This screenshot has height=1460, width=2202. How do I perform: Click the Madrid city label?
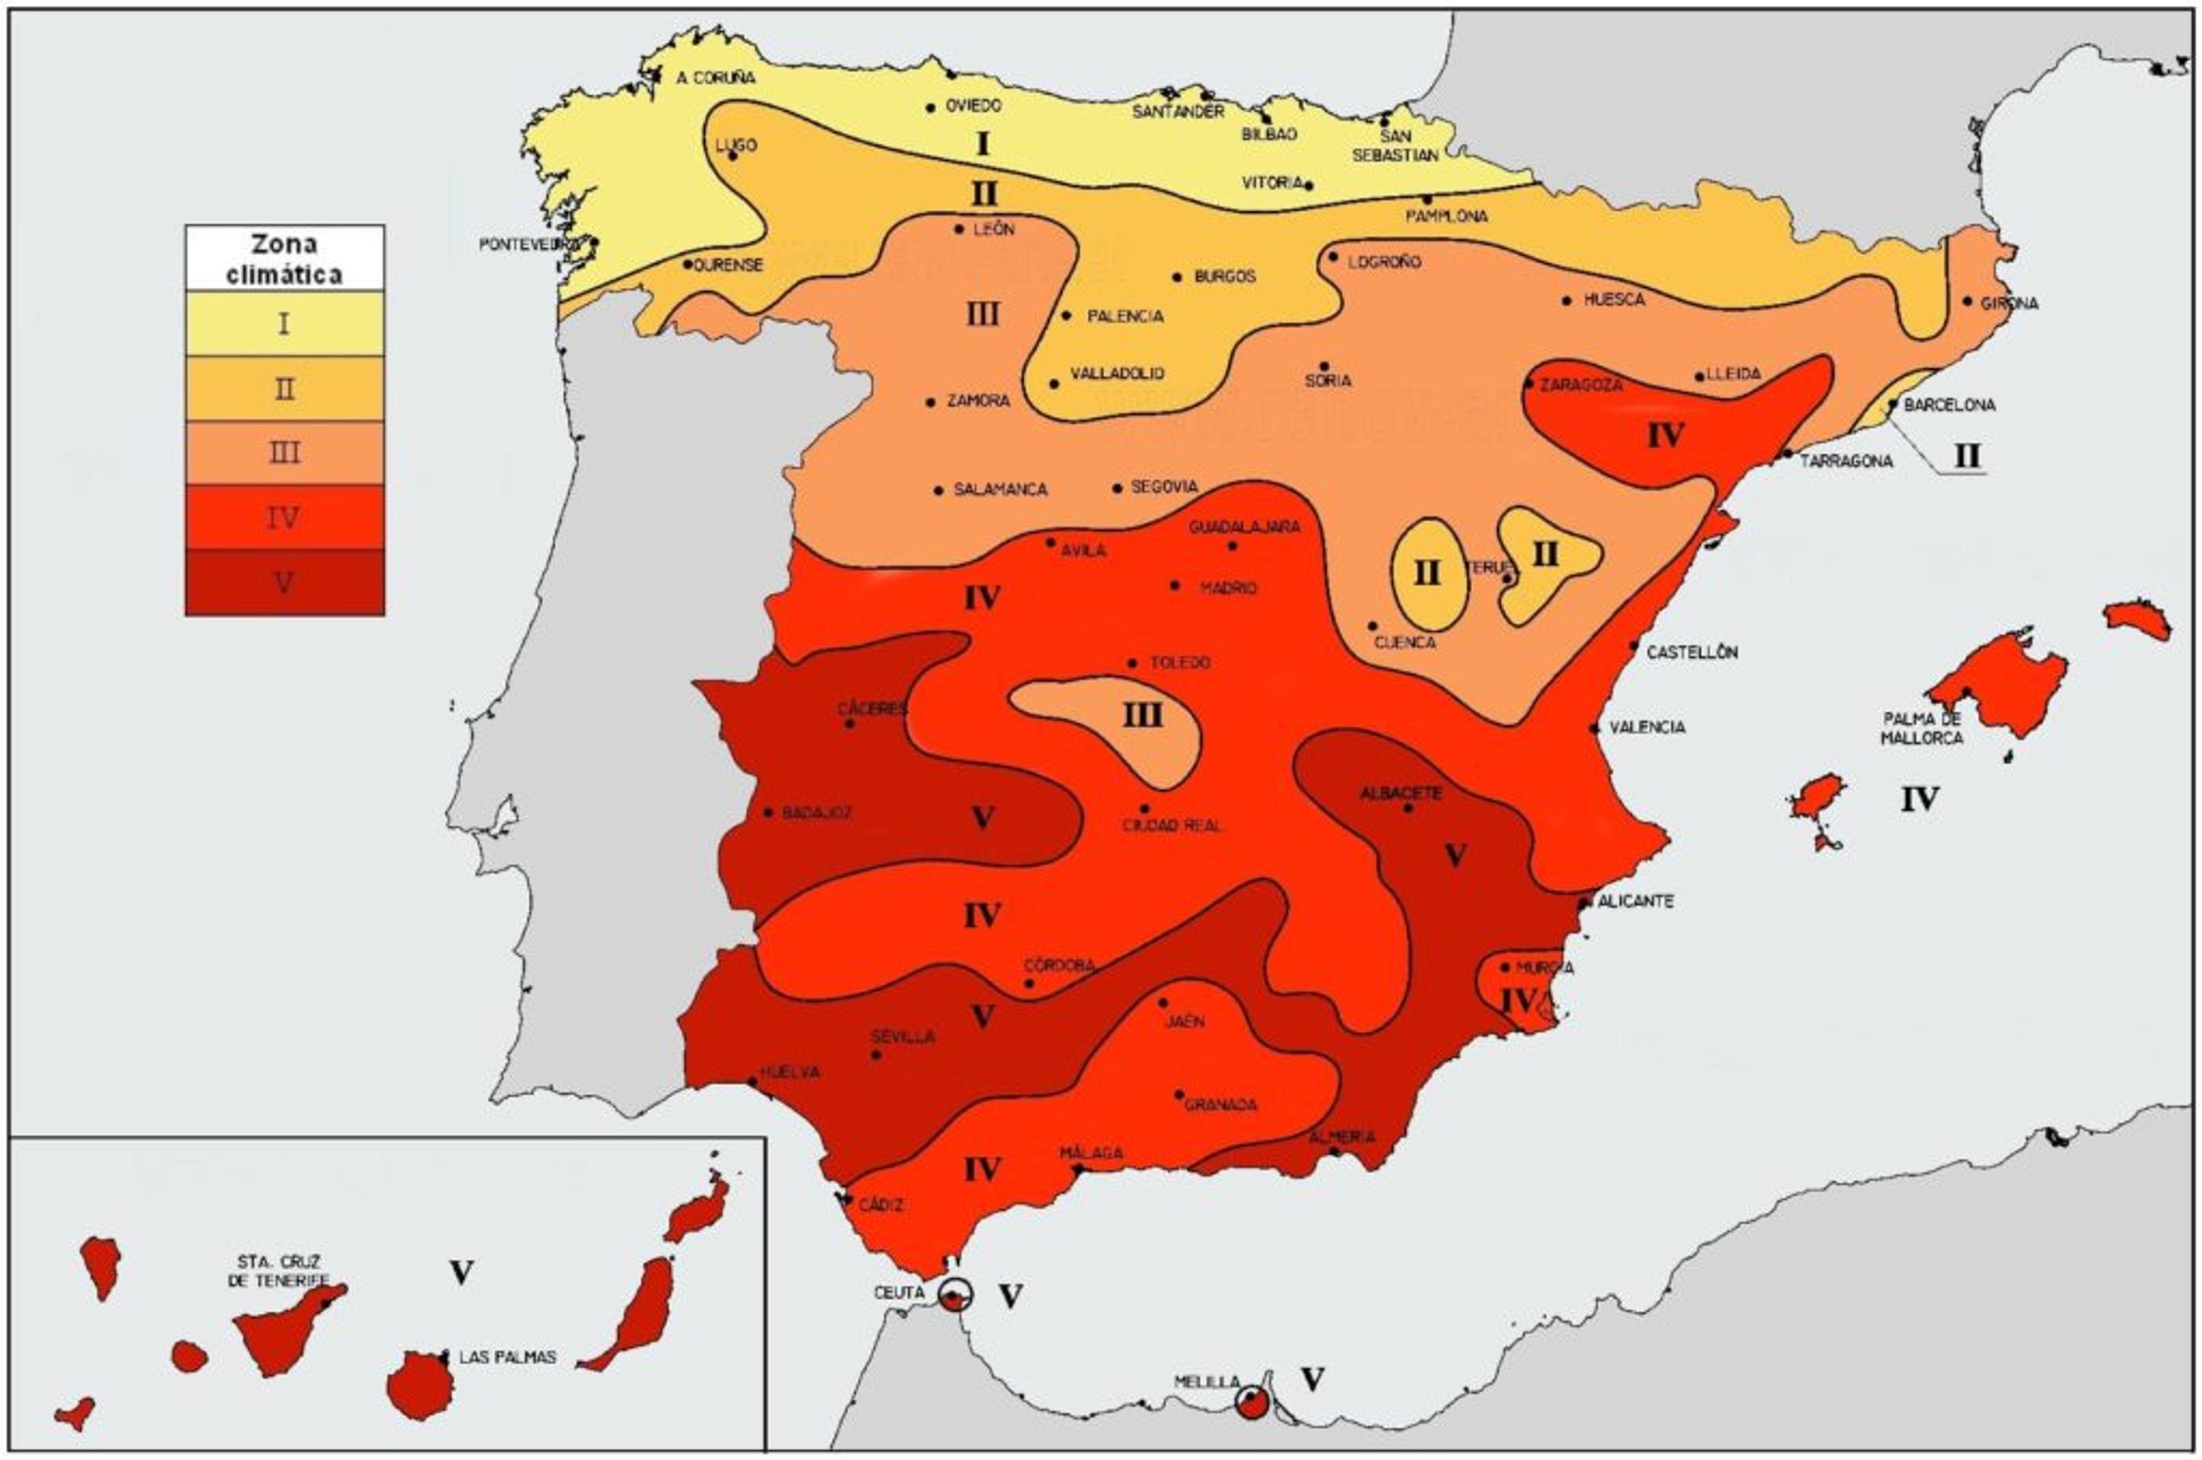coord(1227,588)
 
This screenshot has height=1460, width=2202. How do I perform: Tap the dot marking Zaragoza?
coord(1529,382)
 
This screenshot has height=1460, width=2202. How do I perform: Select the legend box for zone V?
coord(284,582)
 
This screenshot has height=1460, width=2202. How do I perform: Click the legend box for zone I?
coord(284,323)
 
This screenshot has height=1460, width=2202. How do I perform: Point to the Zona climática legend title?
coord(284,259)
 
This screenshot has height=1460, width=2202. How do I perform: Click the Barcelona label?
coord(1949,405)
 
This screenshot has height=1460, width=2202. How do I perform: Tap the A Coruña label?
coord(715,78)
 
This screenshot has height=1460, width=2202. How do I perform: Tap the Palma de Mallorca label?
coord(1922,728)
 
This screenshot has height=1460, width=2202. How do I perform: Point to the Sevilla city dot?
coord(876,1055)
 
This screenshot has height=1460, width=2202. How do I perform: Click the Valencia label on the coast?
coord(1647,727)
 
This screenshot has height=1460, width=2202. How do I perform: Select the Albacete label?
coord(1400,793)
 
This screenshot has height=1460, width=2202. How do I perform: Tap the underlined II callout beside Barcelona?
coord(1966,456)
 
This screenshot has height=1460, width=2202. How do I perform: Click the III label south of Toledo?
coord(1142,715)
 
